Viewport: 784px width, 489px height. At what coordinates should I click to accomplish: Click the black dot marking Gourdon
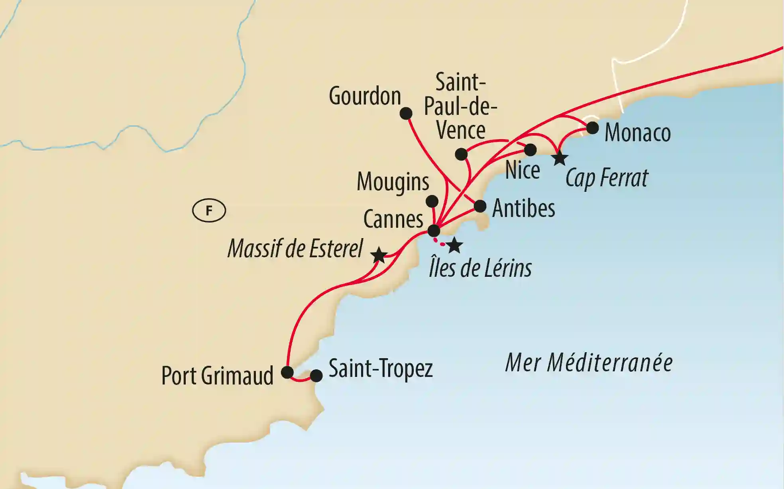[x=406, y=114]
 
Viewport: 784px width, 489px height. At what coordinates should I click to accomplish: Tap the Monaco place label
[x=637, y=133]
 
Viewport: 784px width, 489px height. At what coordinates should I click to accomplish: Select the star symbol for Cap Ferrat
[x=560, y=158]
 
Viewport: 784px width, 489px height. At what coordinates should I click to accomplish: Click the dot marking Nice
[x=530, y=150]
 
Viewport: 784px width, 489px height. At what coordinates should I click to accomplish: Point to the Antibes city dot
[x=480, y=206]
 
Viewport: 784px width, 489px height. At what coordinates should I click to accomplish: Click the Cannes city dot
[x=434, y=231]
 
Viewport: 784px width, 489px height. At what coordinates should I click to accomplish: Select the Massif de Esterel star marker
[x=379, y=255]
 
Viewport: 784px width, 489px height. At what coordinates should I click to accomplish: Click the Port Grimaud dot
[x=287, y=372]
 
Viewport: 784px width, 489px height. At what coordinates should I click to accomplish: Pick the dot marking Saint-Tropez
[x=316, y=376]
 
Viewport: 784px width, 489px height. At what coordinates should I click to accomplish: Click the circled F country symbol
[x=209, y=211]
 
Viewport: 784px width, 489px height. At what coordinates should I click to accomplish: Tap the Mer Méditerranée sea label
[x=589, y=363]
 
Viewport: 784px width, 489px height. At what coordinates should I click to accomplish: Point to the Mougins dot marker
[x=432, y=201]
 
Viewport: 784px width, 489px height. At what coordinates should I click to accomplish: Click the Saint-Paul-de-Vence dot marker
[x=461, y=154]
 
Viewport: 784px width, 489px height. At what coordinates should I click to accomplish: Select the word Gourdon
[x=365, y=97]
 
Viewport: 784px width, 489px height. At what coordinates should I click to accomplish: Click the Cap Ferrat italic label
[x=607, y=178]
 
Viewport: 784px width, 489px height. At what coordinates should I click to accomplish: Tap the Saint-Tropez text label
[x=380, y=369]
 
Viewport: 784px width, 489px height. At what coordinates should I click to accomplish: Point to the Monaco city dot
[x=592, y=128]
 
